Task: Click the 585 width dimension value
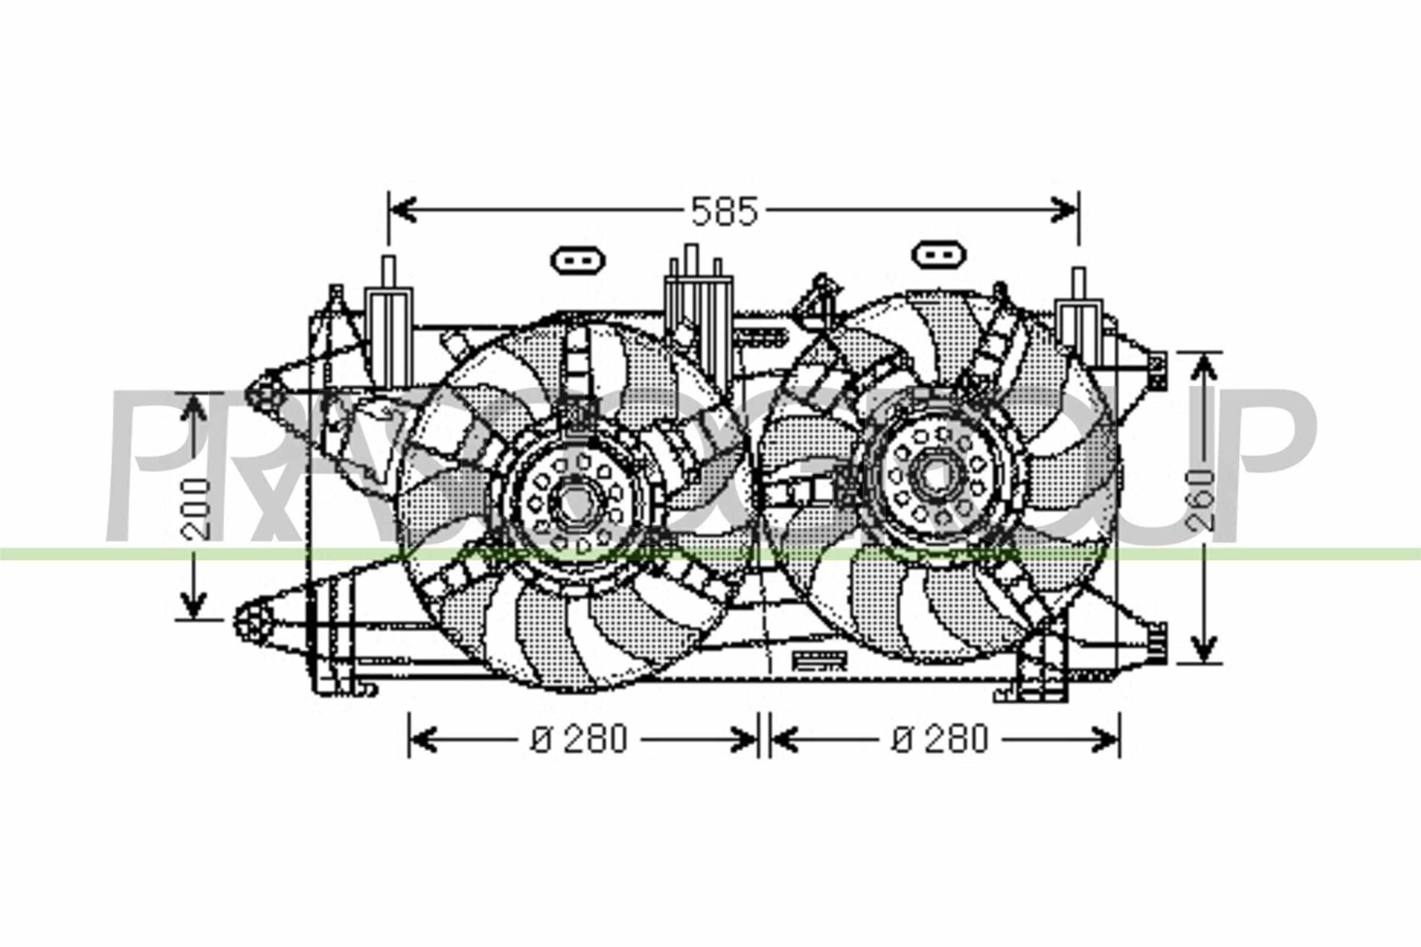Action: click(724, 211)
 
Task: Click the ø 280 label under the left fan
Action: click(580, 739)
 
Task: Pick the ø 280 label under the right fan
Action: click(940, 739)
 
